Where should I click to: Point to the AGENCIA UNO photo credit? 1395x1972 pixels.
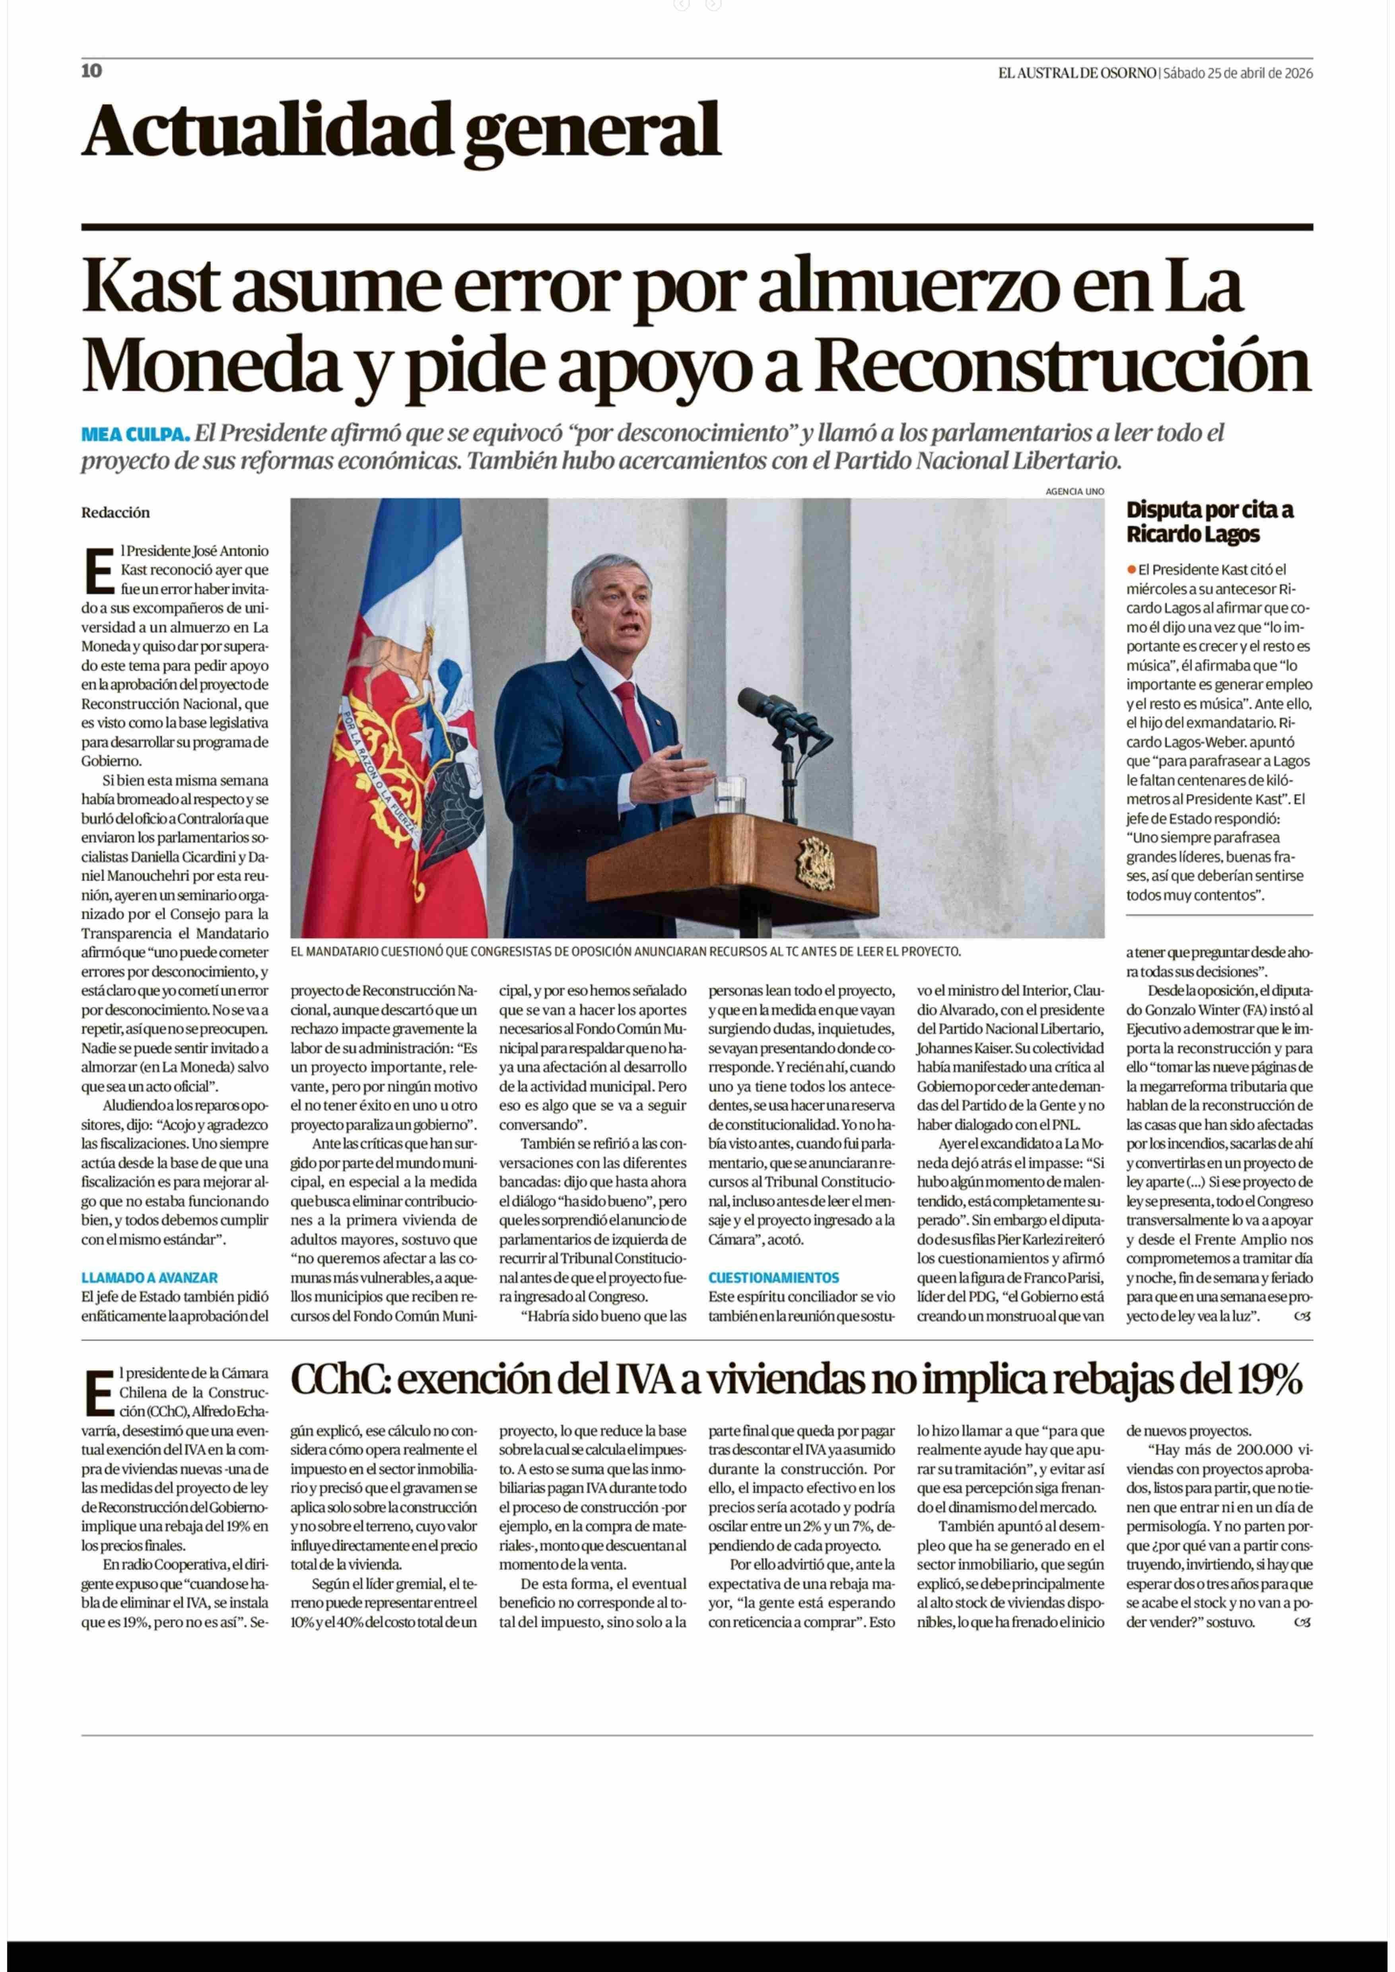[x=1074, y=492]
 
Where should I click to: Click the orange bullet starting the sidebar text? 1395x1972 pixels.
[x=1132, y=570]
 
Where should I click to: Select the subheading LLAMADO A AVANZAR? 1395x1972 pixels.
[x=150, y=1278]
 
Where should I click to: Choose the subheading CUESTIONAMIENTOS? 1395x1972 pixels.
[x=773, y=1278]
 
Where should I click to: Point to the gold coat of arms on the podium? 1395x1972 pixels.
[x=815, y=863]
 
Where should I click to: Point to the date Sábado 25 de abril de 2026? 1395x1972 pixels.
[x=1238, y=73]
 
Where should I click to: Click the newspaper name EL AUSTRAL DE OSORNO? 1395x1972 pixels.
[x=1076, y=73]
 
